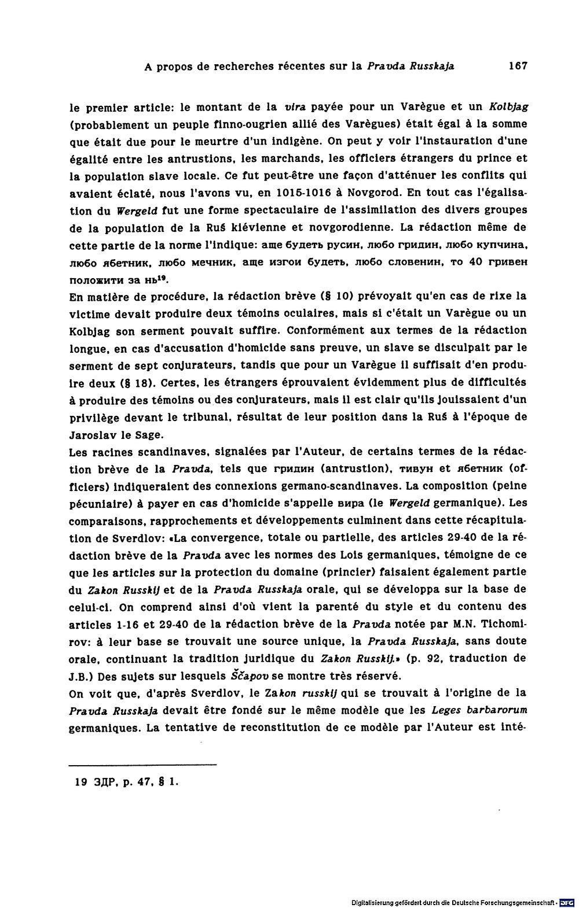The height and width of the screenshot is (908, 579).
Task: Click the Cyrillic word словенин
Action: (413, 261)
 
